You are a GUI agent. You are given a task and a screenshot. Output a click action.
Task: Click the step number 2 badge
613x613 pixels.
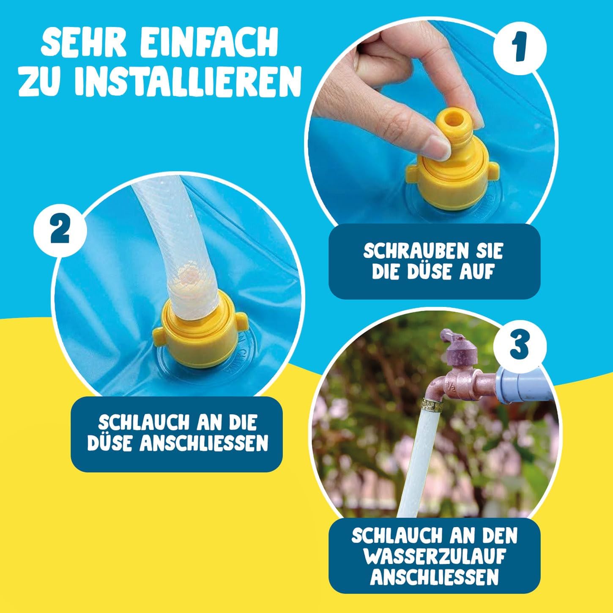pyautogui.click(x=60, y=230)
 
